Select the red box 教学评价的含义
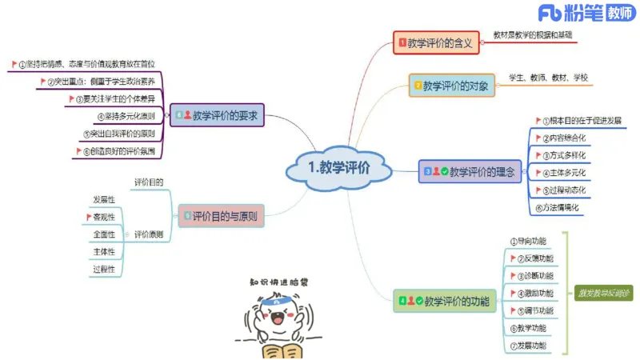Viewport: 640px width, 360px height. (436, 43)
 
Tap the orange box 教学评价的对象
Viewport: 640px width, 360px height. (450, 86)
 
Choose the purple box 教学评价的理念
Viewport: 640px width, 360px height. (470, 171)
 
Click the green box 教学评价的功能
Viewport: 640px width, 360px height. (445, 302)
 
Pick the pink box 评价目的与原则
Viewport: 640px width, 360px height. (222, 214)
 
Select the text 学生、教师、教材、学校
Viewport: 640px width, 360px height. (548, 78)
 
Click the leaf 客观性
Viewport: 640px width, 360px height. (104, 217)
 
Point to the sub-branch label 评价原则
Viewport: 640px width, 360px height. (149, 234)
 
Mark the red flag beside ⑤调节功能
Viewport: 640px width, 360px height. (513, 310)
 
